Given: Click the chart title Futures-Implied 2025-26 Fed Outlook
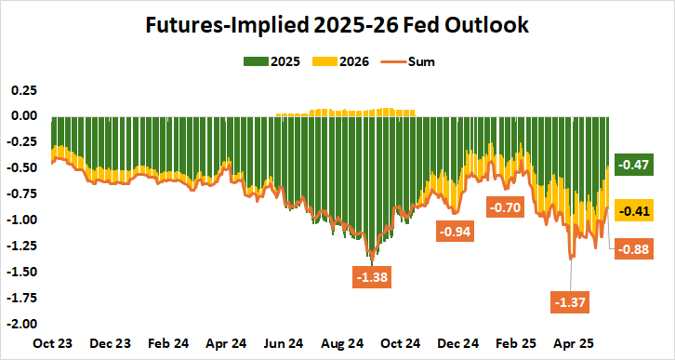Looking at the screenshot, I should point(337,26).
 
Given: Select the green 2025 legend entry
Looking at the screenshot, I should point(269,62).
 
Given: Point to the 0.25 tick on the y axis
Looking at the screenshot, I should point(23,90).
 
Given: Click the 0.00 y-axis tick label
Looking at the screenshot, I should point(23,116).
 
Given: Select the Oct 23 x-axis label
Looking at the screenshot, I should point(53,341).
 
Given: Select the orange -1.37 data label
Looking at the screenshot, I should point(572,302).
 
